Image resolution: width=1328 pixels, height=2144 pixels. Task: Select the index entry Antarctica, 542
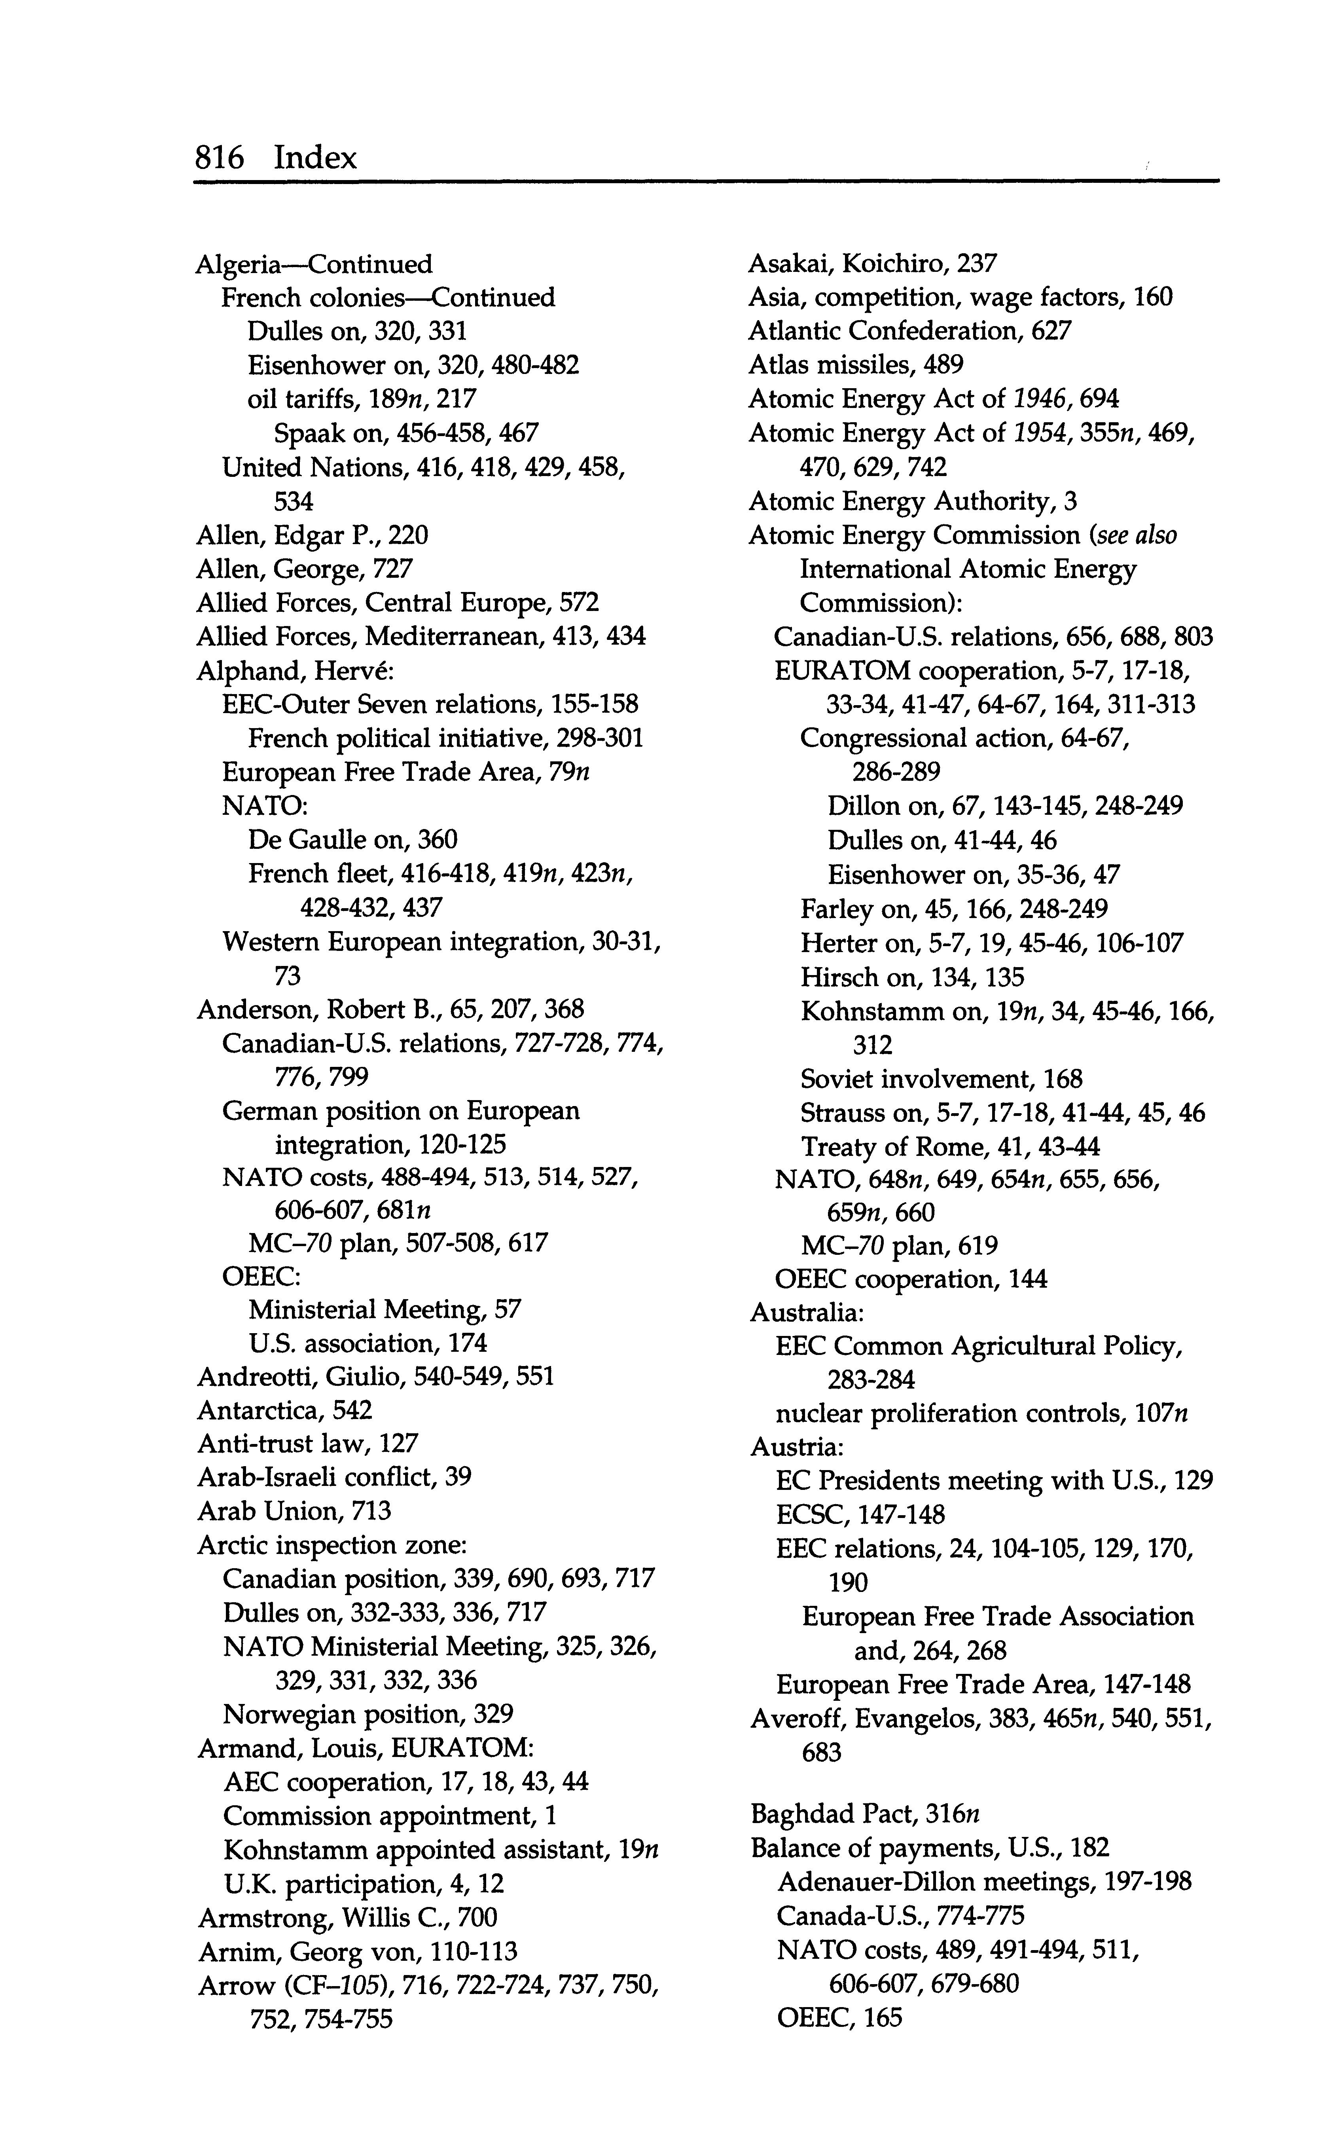[284, 1410]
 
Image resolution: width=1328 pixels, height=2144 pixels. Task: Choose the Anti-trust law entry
[307, 1443]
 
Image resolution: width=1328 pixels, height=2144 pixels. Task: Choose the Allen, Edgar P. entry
[312, 535]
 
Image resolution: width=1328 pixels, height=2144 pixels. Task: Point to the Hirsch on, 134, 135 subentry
[912, 977]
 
